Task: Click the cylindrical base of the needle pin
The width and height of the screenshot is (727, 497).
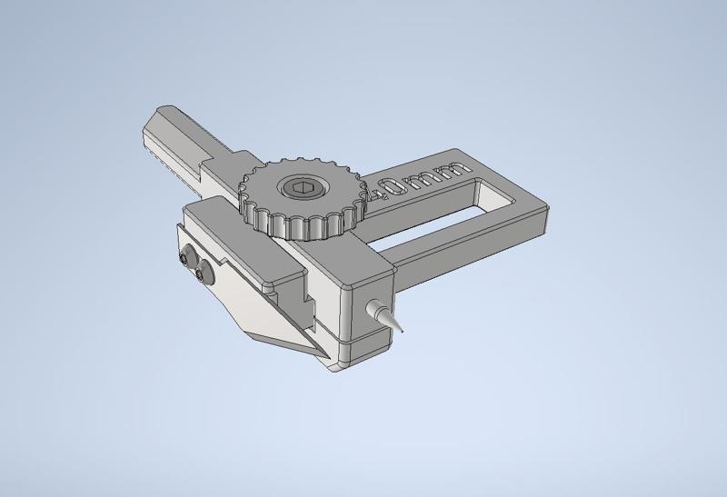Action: [373, 309]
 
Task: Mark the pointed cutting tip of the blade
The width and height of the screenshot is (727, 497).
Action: [319, 355]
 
